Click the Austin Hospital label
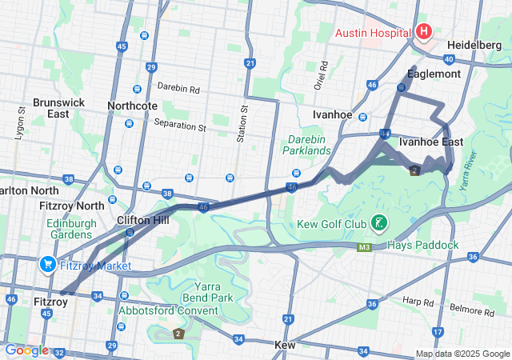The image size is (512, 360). coord(373,33)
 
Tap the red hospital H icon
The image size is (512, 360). coord(423,32)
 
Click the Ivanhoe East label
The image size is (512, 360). coord(430,142)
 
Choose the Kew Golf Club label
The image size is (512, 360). coord(330,223)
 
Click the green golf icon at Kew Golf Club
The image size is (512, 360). coord(378,222)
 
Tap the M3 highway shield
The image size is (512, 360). coord(365,249)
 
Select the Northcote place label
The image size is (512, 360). coord(132,106)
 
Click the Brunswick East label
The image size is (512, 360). coord(50,108)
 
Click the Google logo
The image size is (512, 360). coord(26,350)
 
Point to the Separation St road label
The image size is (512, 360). coord(180,127)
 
